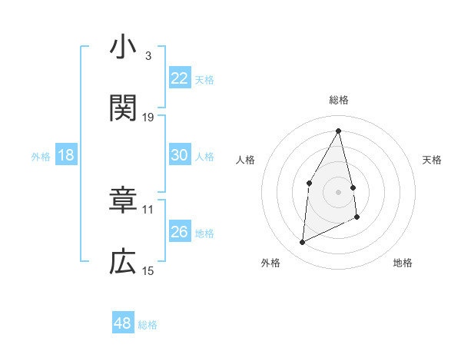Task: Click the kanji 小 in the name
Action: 123,48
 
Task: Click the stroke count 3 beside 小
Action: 148,55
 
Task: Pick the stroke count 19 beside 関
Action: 148,117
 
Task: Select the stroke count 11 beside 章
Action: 148,208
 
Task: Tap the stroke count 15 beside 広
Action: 148,270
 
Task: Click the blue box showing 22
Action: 179,78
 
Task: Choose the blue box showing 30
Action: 179,155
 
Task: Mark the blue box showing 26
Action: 179,232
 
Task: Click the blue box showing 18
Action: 66,155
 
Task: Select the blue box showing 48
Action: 122,323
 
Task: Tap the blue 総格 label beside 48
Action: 148,325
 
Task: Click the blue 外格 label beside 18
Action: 41,157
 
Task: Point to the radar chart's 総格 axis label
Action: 339,100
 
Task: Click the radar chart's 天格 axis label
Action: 433,160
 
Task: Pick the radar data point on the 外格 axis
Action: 302,243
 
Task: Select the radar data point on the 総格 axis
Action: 339,131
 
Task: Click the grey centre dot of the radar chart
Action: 339,191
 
